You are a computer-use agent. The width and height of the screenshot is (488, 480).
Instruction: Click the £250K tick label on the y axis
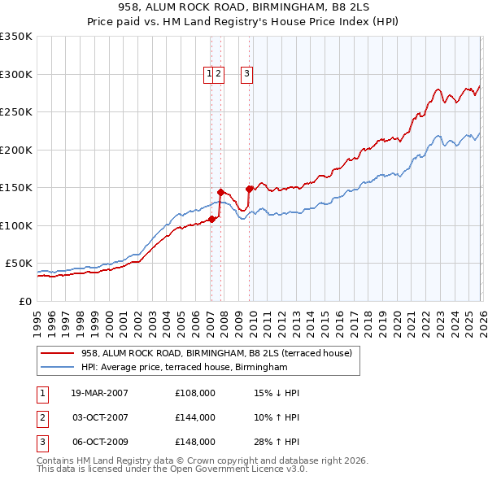pyautogui.click(x=16, y=112)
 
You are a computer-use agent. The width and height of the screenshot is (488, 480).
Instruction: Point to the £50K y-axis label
pyautogui.click(x=19, y=264)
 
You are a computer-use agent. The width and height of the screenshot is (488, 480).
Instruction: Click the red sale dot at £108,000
pyautogui.click(x=211, y=219)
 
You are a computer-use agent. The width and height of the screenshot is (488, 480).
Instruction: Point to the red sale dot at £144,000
pyautogui.click(x=220, y=192)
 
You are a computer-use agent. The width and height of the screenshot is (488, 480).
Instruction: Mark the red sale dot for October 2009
pyautogui.click(x=248, y=189)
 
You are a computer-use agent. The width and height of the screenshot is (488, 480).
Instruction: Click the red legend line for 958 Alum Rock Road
pyautogui.click(x=57, y=353)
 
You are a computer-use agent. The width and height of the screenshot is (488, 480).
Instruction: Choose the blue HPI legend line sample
pyautogui.click(x=57, y=368)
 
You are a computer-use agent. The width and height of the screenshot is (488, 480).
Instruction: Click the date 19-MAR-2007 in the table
pyautogui.click(x=99, y=393)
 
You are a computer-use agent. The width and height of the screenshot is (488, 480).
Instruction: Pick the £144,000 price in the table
pyautogui.click(x=195, y=417)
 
